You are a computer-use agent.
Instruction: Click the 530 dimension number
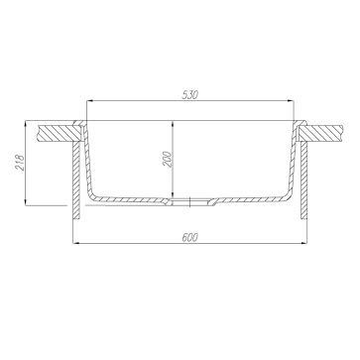(189, 95)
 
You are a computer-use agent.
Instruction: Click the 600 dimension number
(189, 237)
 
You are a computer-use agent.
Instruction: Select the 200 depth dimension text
(168, 159)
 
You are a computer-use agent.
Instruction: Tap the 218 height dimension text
(20, 163)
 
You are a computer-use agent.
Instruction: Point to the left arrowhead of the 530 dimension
(89, 101)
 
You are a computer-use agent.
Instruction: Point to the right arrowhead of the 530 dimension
(291, 101)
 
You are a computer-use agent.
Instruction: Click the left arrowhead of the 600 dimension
(76, 243)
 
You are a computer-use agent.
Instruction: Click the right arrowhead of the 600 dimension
(303, 243)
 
